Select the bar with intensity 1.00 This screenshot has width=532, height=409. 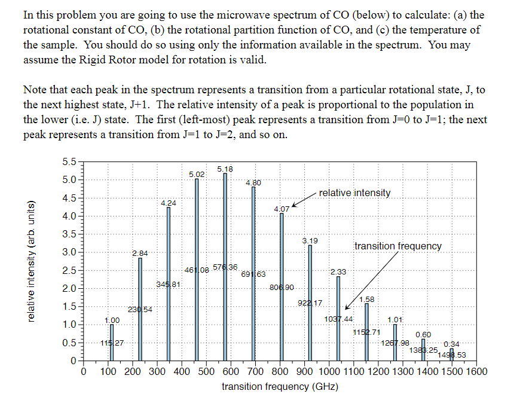111,344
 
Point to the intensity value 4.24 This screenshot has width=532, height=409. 169,203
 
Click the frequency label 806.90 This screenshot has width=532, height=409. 282,288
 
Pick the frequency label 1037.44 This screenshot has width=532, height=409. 338,319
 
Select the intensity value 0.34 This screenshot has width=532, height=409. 451,344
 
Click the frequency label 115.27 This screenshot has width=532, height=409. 111,343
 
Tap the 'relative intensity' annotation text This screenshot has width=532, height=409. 354,193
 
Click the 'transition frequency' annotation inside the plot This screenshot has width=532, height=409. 398,246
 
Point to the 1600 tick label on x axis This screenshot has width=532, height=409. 476,372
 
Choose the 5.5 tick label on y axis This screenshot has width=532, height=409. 69,162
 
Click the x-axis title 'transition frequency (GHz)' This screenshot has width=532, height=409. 280,387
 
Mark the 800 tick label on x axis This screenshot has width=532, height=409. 280,372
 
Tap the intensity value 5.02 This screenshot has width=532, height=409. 197,174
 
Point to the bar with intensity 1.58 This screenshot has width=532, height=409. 366,332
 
